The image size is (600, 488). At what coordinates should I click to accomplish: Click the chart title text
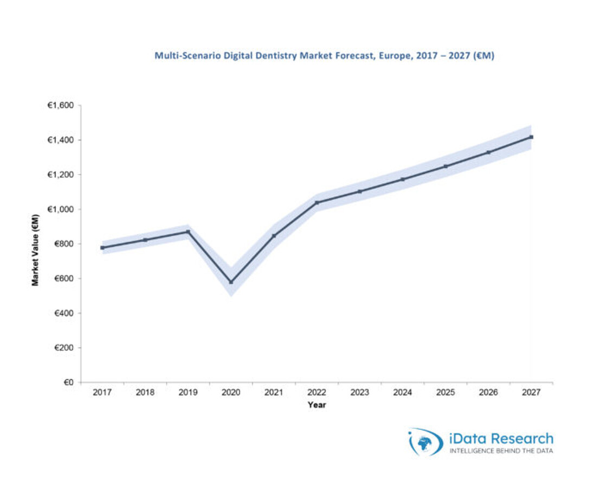(324, 55)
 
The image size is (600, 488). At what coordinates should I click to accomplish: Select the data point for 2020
(231, 282)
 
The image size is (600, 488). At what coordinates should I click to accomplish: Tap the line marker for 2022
(317, 202)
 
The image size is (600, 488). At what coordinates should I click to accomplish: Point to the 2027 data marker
(531, 137)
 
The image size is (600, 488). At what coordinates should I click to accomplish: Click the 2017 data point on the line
(102, 248)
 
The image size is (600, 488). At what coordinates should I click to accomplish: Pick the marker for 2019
(188, 232)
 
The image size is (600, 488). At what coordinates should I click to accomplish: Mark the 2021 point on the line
(274, 236)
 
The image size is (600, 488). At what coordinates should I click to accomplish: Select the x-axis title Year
(317, 404)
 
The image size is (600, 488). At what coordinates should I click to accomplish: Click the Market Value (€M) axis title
(35, 249)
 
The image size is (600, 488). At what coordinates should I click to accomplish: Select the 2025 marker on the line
(446, 166)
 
